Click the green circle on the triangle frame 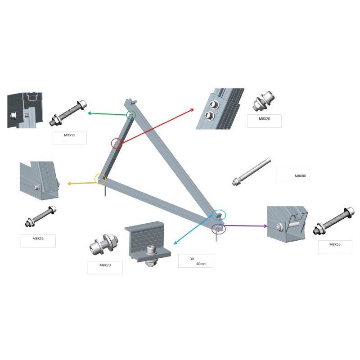[x=130, y=115]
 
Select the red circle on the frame [x=117, y=144]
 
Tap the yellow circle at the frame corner [x=100, y=179]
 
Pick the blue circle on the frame [x=219, y=215]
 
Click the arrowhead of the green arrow [x=89, y=113]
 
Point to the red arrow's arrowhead [x=193, y=109]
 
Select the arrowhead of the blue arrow [x=175, y=243]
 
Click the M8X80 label [x=300, y=176]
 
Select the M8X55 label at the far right [x=335, y=244]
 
